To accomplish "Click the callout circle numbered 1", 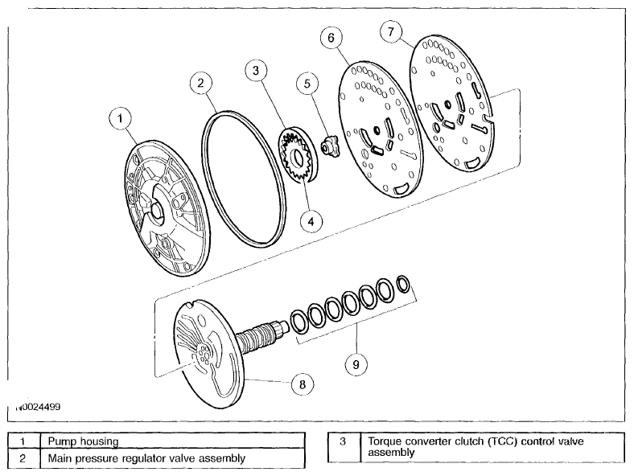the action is coord(120,119).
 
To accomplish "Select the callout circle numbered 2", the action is coord(200,84).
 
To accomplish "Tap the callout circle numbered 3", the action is coord(256,71).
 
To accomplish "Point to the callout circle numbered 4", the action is coord(311,221).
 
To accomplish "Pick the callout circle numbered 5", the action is coord(307,84).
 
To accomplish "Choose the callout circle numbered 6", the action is coord(331,38).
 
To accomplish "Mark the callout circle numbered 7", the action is coord(391,31).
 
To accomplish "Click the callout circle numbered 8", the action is coord(303,384).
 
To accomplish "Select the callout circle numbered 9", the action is coord(356,364).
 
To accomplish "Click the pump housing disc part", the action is coord(167,208).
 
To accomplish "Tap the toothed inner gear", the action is coord(296,158).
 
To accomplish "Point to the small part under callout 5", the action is coord(331,146).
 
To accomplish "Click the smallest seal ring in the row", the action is coord(402,284).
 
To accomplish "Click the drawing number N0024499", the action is coord(38,407).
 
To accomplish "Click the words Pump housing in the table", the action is coord(84,441).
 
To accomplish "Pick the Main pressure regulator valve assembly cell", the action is coord(173,458).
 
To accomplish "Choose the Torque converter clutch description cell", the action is coord(492,447).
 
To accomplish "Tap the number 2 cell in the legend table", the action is coord(24,458).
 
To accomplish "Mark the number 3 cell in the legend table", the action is coord(344,447).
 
